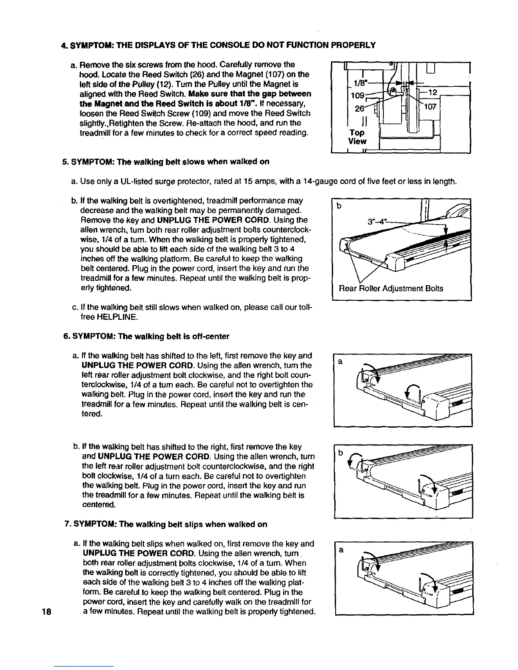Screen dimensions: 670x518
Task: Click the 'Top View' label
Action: pos(357,137)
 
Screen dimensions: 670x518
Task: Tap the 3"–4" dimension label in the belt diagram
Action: pos(376,222)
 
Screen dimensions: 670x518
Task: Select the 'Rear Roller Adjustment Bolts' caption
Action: pos(391,288)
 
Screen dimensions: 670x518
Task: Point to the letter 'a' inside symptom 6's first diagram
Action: pos(339,362)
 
